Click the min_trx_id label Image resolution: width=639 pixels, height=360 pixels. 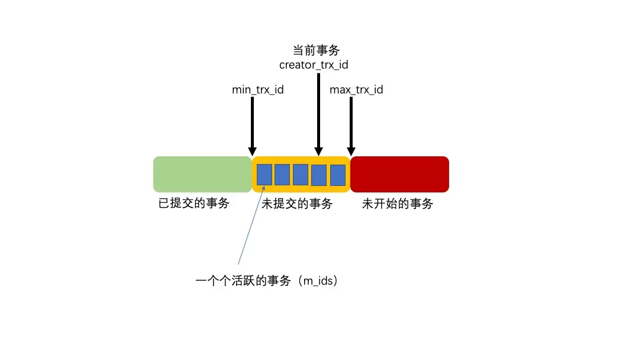[x=258, y=90]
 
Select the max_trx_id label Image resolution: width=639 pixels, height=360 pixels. [x=356, y=90]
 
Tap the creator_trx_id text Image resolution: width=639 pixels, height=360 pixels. [x=314, y=65]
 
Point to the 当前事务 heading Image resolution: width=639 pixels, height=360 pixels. [x=317, y=50]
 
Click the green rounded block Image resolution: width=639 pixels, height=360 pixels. [x=202, y=174]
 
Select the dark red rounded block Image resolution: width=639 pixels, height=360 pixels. [x=399, y=174]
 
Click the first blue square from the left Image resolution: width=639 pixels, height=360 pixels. [x=264, y=175]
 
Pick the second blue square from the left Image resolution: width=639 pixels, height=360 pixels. [x=283, y=175]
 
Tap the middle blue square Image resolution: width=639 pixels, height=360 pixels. [x=301, y=175]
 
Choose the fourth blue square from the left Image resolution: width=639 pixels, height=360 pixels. [x=319, y=175]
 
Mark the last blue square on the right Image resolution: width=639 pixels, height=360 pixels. [x=337, y=175]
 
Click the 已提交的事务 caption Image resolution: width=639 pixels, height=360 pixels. [x=194, y=204]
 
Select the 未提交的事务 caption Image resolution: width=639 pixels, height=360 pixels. [x=297, y=204]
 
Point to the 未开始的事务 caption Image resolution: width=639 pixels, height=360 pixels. [x=398, y=204]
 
